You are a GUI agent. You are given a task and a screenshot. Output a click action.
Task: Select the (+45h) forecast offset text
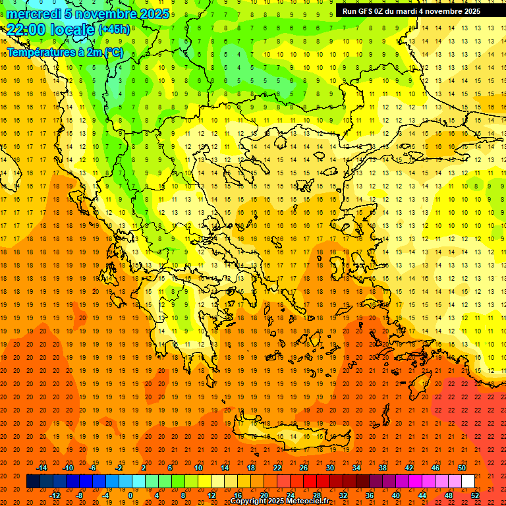tap(113, 30)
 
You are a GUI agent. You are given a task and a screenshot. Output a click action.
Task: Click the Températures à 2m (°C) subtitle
tap(65, 51)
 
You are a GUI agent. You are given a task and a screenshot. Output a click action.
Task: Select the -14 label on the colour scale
tap(42, 468)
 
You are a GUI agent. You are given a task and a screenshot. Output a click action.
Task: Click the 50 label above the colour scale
tap(461, 468)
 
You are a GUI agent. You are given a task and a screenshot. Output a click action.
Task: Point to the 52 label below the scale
tap(475, 495)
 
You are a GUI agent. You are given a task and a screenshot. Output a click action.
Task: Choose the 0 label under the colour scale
tap(131, 495)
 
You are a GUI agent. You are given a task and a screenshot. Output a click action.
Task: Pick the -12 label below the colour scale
tap(55, 495)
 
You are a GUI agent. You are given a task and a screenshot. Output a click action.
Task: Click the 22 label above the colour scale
tap(277, 468)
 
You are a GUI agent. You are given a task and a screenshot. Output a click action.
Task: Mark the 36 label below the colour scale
tap(369, 495)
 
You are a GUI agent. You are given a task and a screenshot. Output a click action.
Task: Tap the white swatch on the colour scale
tap(468, 481)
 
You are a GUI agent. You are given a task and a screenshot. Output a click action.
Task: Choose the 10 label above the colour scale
tap(198, 468)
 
